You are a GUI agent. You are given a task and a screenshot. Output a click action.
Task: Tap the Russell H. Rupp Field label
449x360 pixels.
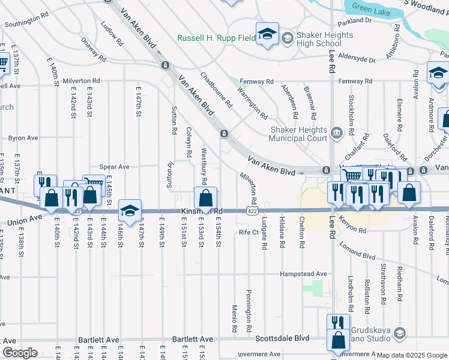pyautogui.click(x=216, y=38)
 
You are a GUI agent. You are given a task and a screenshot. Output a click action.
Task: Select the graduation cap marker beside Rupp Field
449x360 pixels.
pyautogui.click(x=267, y=34)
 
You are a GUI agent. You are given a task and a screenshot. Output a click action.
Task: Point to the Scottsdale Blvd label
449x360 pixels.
pyautogui.click(x=282, y=338)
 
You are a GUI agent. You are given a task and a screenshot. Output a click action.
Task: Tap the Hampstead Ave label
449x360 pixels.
pyautogui.click(x=303, y=274)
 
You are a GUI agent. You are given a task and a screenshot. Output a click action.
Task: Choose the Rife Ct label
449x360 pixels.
pyautogui.click(x=248, y=232)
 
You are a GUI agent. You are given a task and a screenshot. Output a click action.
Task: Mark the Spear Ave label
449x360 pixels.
pyautogui.click(x=114, y=167)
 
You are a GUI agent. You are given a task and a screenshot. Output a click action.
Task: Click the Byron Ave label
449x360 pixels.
pyautogui.click(x=23, y=138)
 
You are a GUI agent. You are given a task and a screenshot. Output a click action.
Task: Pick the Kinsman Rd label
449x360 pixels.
pyautogui.click(x=202, y=212)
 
